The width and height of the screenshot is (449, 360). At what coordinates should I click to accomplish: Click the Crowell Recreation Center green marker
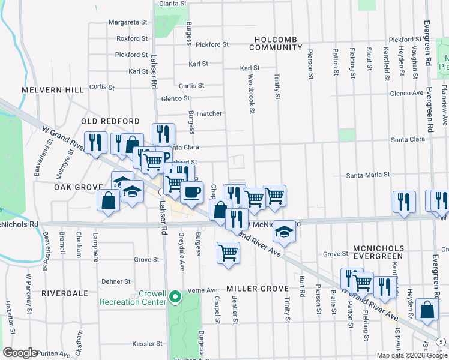point(175,296)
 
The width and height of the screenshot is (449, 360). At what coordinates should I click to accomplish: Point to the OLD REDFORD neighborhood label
point(110,121)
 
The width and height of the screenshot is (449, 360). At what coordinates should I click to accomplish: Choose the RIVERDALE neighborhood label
point(64,293)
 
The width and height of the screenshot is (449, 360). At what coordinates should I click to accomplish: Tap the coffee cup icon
point(191,193)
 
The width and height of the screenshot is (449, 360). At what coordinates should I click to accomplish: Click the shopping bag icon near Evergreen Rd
point(426,310)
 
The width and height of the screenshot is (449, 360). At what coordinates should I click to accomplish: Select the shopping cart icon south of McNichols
point(228,253)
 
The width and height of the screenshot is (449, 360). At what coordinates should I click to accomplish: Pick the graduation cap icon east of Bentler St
point(285,231)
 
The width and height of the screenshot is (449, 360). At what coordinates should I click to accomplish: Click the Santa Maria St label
point(369,175)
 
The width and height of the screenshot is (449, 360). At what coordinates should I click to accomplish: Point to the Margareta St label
point(128,22)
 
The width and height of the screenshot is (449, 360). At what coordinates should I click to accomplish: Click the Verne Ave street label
point(203,290)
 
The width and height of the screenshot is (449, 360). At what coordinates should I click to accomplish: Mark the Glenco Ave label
point(406,93)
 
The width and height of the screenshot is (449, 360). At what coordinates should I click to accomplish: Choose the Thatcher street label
point(209,113)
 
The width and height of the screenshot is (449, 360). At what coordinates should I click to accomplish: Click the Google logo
point(20,353)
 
